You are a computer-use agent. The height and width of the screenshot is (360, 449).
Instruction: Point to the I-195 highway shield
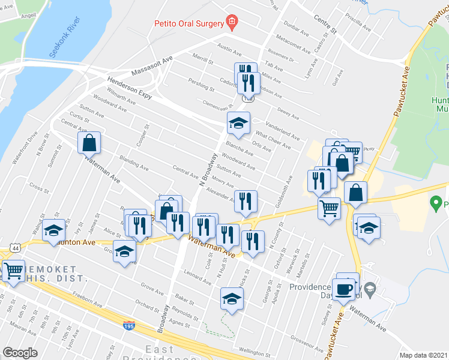point(128,325)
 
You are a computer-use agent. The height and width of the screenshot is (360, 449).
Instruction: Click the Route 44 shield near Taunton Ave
point(14,247)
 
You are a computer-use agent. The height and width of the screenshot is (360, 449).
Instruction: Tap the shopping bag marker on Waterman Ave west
point(89,143)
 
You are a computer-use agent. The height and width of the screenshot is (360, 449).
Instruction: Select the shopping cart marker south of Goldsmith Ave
point(328,208)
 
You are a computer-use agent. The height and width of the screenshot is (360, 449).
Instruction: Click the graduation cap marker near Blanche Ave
point(238,124)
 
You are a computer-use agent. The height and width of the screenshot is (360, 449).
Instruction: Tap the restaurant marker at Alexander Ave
point(246,201)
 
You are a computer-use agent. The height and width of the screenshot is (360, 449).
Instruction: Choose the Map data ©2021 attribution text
point(424,355)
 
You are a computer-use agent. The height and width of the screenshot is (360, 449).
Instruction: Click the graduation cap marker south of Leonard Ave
point(231,299)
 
